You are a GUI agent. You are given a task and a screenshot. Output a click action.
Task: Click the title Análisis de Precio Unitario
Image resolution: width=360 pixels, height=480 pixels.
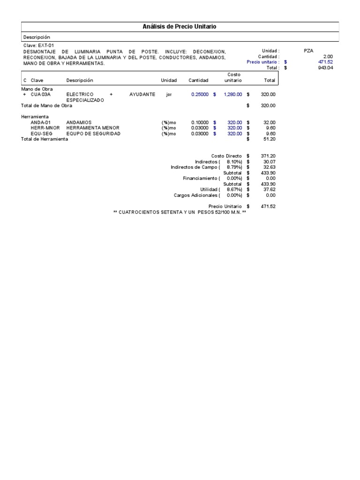(180, 27)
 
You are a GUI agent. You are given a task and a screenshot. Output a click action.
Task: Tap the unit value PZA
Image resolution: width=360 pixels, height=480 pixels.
(308, 51)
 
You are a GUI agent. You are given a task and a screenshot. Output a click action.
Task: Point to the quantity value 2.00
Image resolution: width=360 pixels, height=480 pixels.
(328, 56)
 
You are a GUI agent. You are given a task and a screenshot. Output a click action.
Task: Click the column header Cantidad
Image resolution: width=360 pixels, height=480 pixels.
(198, 81)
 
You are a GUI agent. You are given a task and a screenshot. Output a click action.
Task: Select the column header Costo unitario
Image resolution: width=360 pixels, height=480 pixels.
(233, 78)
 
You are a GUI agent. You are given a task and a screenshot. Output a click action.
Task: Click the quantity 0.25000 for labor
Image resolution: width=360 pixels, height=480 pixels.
(200, 94)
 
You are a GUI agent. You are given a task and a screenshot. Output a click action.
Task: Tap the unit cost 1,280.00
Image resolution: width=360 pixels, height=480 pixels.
(233, 94)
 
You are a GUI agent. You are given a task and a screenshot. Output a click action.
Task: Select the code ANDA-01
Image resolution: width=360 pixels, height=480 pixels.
(40, 122)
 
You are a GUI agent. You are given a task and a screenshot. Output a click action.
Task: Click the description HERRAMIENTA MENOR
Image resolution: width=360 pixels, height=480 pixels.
(93, 128)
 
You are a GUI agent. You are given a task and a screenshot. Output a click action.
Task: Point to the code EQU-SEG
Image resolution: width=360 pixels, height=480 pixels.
(40, 134)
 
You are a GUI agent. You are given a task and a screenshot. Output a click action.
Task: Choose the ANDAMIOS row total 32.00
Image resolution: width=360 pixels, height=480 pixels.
(270, 122)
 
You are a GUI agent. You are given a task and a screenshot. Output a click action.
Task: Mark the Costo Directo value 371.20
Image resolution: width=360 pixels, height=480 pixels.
(269, 156)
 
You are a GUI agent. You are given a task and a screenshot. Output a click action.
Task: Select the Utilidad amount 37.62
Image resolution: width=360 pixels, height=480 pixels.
(270, 189)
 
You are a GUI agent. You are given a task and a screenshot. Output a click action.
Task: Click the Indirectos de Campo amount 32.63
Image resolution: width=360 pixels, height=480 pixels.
(270, 167)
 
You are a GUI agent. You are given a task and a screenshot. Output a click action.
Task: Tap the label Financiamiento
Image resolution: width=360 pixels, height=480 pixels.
(200, 178)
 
